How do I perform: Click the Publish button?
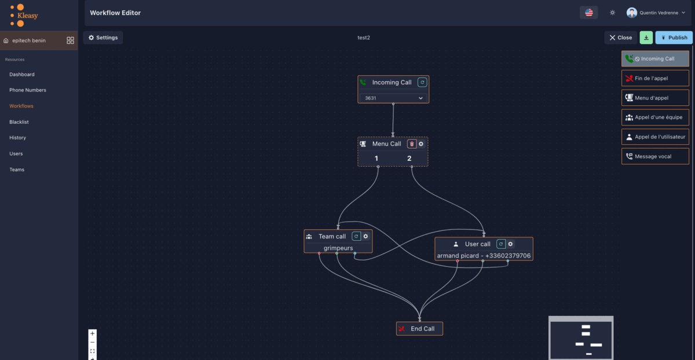point(674,38)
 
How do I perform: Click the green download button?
point(646,38)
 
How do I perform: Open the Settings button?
point(103,38)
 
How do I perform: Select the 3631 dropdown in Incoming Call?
point(393,98)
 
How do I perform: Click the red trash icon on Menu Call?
point(412,144)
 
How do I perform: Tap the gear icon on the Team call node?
point(366,236)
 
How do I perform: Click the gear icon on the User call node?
point(510,244)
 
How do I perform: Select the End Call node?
point(419,329)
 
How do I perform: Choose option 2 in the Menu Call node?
point(409,159)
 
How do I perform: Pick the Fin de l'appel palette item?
point(655,78)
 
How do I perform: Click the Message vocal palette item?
point(655,156)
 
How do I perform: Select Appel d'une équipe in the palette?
point(655,117)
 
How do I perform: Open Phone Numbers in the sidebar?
point(28,90)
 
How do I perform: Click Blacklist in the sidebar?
point(19,122)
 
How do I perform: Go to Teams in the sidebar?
point(17,170)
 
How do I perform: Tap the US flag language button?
point(588,13)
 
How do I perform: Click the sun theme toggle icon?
point(612,13)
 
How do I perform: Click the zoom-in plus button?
point(93,333)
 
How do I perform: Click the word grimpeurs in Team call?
point(338,248)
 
